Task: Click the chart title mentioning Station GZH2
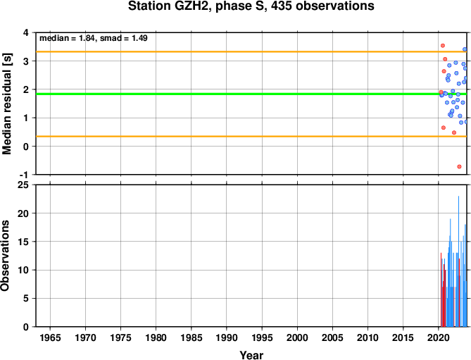click(251, 6)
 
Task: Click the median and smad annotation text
click(94, 38)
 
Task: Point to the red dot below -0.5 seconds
click(459, 166)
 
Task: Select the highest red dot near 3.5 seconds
click(442, 46)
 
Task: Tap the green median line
click(251, 94)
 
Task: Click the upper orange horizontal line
click(251, 51)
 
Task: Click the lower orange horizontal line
click(251, 137)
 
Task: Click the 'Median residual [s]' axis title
click(6, 104)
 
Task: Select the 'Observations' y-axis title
click(5, 256)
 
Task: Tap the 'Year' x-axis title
click(251, 355)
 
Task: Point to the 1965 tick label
click(50, 337)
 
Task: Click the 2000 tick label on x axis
click(297, 337)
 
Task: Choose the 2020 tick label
click(438, 337)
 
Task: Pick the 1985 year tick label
click(191, 337)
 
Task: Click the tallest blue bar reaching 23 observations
click(458, 261)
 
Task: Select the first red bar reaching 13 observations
click(441, 290)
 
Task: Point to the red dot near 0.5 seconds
click(454, 132)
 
